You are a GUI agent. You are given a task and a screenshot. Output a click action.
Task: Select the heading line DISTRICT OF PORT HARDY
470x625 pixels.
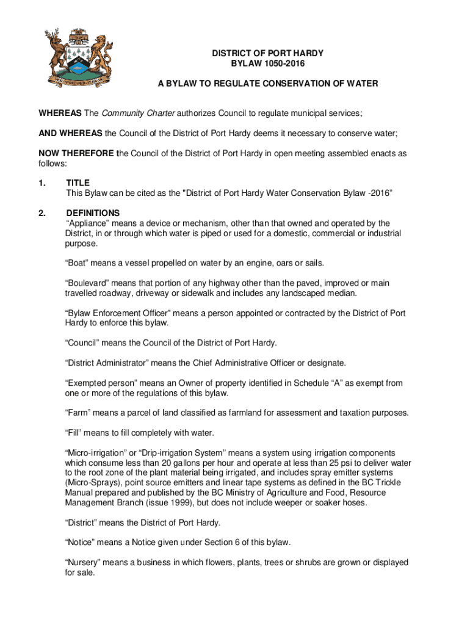tap(268, 53)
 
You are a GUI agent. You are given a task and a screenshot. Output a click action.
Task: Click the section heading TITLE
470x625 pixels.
tap(78, 182)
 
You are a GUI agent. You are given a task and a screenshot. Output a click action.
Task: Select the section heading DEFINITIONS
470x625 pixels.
tap(89, 213)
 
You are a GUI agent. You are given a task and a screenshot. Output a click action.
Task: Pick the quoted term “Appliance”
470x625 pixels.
tap(89, 223)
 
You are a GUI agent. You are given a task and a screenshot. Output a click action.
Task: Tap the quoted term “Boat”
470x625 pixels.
tap(79, 263)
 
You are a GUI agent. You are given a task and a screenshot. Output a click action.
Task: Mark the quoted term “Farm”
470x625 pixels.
tap(79, 413)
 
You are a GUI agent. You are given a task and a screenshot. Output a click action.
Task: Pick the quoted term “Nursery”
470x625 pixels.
tap(85, 562)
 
